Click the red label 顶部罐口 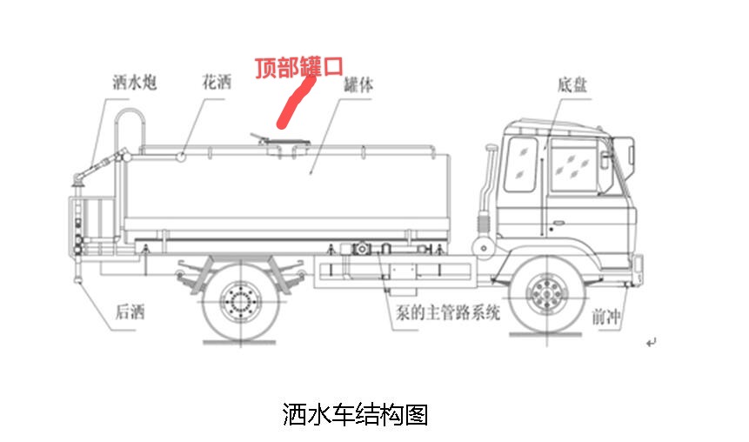[298, 68]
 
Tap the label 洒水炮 [134, 84]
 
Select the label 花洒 [217, 84]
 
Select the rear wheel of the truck [239, 300]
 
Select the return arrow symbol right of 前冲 [650, 344]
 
